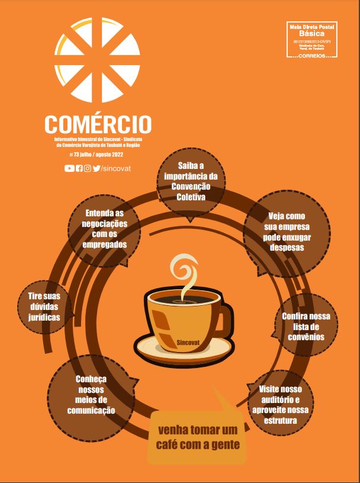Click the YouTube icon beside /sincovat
pos(69,168)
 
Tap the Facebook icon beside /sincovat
pos(79,168)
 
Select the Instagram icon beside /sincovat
pos(87,168)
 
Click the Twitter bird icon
pos(96,168)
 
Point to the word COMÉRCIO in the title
pos(98,123)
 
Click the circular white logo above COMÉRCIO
pos(98,60)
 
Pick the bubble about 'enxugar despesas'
pos(286,232)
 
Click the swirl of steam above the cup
pos(183,272)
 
